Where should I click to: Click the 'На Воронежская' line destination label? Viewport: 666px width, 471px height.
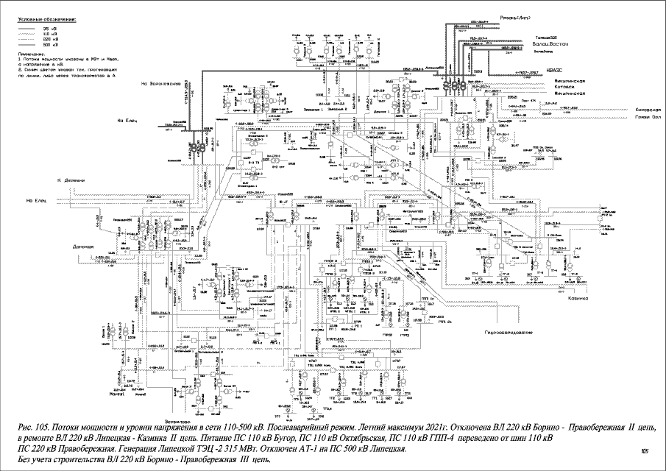[162, 83]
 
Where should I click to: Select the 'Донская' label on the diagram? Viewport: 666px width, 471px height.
[84, 247]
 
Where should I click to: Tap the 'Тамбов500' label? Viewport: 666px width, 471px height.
[547, 38]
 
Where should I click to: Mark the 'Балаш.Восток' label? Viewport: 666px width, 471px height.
[550, 45]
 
